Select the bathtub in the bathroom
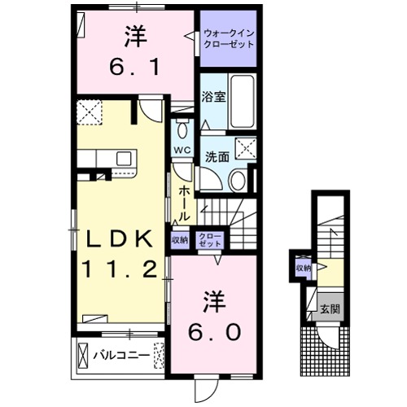pos(242,101)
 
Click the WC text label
pos(182,151)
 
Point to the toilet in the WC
pos(182,130)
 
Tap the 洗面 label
pos(216,156)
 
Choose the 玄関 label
pos(329,309)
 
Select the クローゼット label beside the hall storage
pos(209,239)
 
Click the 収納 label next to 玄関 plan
pos(303,268)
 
